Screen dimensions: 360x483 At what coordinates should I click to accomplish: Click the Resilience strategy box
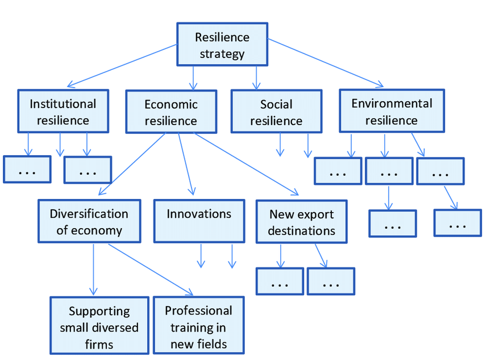(222, 44)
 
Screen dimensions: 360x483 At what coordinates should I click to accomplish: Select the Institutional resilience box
(63, 111)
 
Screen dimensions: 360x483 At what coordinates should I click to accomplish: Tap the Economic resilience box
(170, 111)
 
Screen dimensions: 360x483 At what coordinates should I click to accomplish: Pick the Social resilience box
(276, 111)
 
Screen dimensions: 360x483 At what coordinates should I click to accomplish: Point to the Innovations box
(199, 221)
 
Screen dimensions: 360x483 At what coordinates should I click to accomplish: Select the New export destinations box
(301, 222)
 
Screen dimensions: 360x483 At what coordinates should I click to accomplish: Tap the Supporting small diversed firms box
(99, 327)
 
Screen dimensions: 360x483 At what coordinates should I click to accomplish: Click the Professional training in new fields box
(198, 326)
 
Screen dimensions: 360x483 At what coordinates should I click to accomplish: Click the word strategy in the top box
(222, 55)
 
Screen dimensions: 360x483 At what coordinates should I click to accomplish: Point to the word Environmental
(392, 104)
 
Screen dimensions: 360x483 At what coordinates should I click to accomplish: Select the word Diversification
(89, 214)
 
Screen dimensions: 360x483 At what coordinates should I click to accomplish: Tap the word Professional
(198, 311)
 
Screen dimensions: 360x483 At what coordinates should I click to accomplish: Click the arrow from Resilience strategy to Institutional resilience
(122, 64)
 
